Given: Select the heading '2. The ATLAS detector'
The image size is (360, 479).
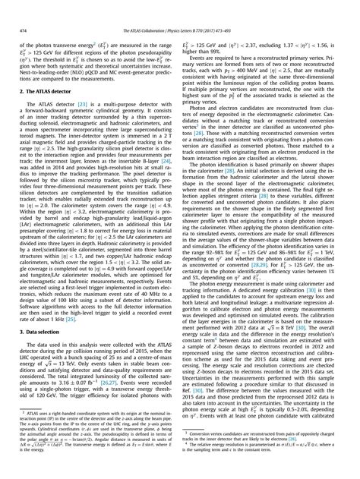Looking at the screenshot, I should click(x=44, y=90).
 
